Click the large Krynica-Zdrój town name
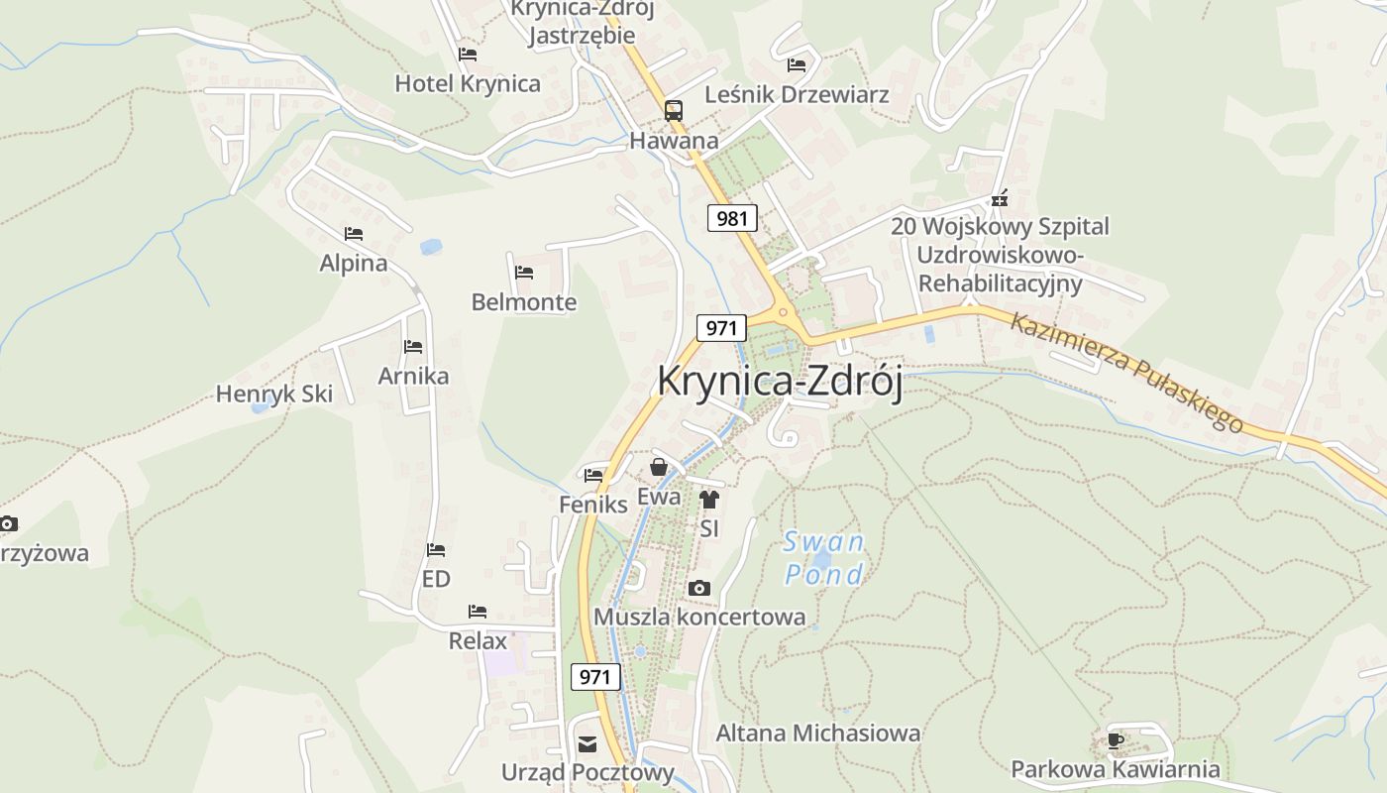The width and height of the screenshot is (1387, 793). [780, 383]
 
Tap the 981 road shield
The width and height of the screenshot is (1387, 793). [732, 218]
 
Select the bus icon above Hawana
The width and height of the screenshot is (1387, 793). [674, 111]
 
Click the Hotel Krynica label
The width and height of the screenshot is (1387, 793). [468, 83]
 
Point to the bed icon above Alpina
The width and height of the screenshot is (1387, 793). [354, 234]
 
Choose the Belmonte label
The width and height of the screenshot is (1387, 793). [524, 301]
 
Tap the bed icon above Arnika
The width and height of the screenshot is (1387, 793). [413, 347]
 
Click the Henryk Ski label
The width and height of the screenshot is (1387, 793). [274, 394]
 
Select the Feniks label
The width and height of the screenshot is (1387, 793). [593, 504]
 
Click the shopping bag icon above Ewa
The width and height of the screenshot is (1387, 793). [659, 467]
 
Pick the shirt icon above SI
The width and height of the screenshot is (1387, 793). [708, 500]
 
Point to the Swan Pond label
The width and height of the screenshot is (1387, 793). [823, 558]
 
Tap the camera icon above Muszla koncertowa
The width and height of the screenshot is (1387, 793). [699, 588]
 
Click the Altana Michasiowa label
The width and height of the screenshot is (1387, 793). [818, 734]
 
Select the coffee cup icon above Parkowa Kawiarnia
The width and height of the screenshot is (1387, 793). [1116, 740]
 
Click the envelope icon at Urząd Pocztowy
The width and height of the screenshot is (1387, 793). [587, 744]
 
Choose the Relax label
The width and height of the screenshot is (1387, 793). [478, 640]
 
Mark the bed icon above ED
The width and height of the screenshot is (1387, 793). [436, 550]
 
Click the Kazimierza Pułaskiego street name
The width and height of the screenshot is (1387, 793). [1126, 373]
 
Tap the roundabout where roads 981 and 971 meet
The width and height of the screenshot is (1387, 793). [783, 313]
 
